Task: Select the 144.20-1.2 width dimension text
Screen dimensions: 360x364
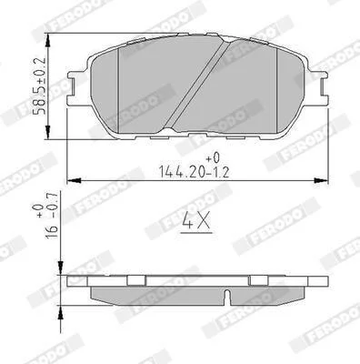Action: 195,172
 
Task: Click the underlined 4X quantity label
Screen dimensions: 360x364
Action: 196,223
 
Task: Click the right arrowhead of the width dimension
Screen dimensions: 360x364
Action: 322,180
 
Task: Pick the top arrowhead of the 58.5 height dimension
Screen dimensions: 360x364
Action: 47,40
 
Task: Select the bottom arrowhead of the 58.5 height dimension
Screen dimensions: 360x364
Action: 47,133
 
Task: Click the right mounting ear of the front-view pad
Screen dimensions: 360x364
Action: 317,88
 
